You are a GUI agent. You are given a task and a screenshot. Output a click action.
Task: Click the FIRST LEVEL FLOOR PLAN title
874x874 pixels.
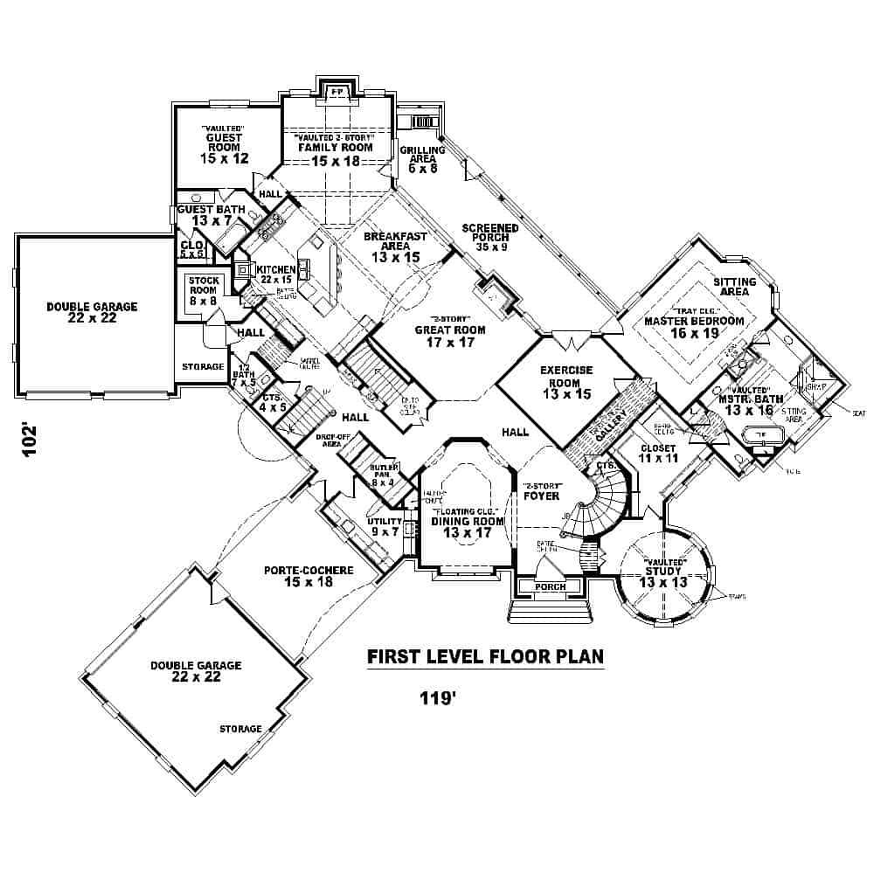(x=484, y=656)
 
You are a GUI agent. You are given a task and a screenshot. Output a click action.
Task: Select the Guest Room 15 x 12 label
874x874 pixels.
(x=224, y=148)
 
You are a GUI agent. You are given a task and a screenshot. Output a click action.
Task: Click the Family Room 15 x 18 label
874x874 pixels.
(x=334, y=148)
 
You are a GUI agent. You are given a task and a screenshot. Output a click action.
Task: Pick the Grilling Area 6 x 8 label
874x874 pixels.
(x=423, y=160)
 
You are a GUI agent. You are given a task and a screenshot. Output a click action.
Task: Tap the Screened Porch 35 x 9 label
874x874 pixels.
(x=490, y=237)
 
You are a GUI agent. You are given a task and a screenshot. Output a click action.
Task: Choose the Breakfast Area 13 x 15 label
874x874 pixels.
(x=395, y=247)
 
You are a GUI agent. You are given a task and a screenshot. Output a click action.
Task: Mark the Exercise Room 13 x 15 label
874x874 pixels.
(x=565, y=382)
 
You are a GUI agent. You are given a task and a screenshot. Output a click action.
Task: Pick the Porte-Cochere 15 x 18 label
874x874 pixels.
(x=309, y=576)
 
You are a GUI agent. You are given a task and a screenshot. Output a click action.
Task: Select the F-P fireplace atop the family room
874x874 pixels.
(x=335, y=91)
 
